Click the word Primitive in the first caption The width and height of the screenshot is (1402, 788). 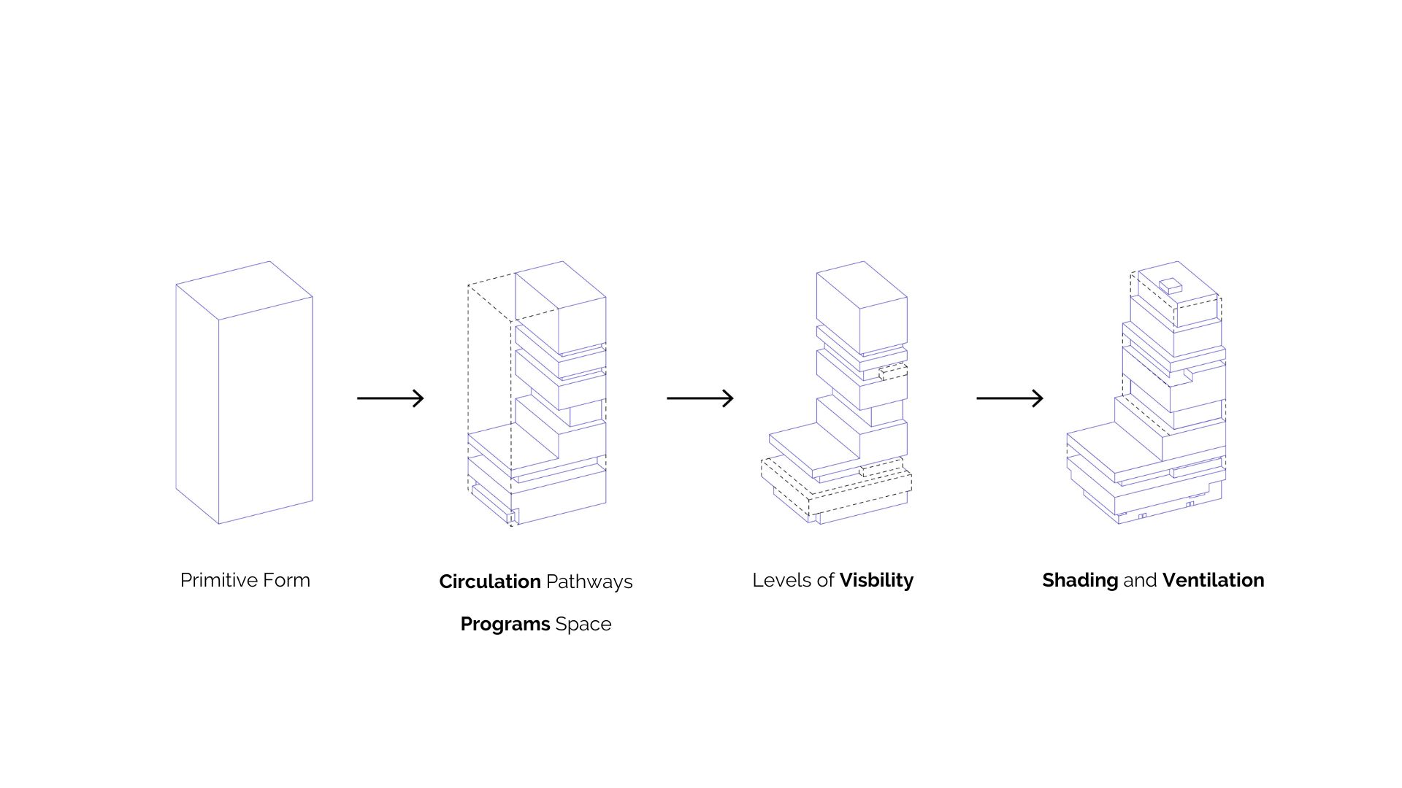pyautogui.click(x=214, y=580)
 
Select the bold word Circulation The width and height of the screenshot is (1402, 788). pyautogui.click(x=489, y=582)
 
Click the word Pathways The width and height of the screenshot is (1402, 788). pyautogui.click(x=589, y=582)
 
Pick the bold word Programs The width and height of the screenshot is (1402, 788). pyautogui.click(x=505, y=624)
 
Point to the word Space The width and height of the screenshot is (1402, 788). pyautogui.click(x=583, y=624)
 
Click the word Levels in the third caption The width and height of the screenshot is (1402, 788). pyautogui.click(x=782, y=580)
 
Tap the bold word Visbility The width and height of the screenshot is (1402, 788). pyautogui.click(x=876, y=580)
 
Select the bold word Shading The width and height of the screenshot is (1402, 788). pyautogui.click(x=1079, y=580)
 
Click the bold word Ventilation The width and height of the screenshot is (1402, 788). pyautogui.click(x=1213, y=580)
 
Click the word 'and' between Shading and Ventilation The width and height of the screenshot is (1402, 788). pyautogui.click(x=1140, y=580)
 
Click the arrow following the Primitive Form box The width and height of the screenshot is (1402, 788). pyautogui.click(x=390, y=398)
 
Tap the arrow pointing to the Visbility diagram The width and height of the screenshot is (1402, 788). pyautogui.click(x=700, y=398)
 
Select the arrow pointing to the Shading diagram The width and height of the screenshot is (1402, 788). pyautogui.click(x=1009, y=398)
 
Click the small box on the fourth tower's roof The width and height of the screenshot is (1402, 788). pyautogui.click(x=1171, y=285)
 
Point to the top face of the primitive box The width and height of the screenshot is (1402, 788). pyautogui.click(x=245, y=290)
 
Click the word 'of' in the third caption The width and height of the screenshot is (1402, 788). pyautogui.click(x=825, y=580)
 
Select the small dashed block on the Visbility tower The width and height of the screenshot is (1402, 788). pyautogui.click(x=893, y=372)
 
